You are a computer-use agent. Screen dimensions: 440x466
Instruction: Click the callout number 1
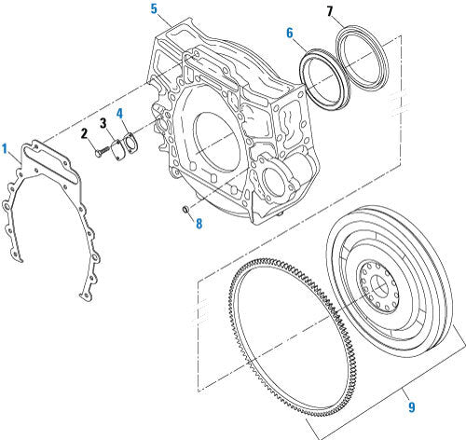(x=6, y=148)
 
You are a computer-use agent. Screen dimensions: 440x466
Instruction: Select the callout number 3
(x=104, y=124)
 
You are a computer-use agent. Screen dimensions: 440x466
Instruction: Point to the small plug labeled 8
(x=187, y=210)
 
